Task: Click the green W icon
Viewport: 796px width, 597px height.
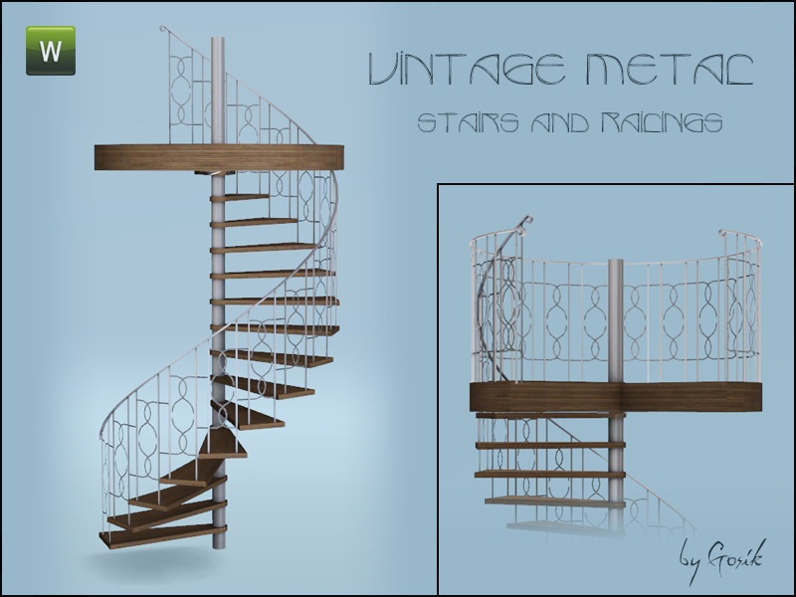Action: (51, 51)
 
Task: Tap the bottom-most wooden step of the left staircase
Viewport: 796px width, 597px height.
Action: (161, 535)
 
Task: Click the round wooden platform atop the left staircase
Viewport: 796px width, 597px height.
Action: (219, 157)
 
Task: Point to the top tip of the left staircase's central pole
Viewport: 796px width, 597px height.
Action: (218, 38)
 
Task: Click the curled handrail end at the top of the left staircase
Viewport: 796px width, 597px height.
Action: (163, 29)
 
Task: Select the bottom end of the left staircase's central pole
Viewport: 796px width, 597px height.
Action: (219, 547)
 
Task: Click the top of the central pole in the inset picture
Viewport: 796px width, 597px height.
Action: (616, 262)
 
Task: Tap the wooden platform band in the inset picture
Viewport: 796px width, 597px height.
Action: (616, 398)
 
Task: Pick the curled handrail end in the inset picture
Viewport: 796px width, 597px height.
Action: (525, 222)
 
